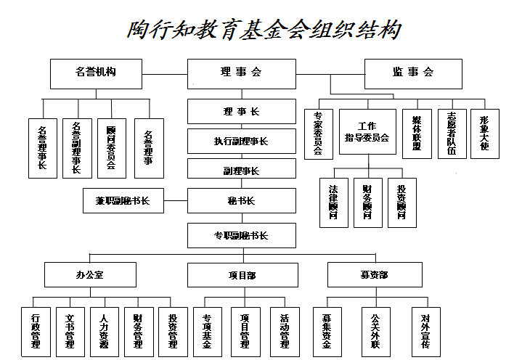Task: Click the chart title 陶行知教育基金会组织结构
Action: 264,30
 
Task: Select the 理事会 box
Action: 242,73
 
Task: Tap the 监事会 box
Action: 413,73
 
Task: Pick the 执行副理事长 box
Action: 242,141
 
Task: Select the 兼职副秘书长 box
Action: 123,200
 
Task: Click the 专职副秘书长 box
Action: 242,235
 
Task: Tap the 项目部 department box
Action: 242,275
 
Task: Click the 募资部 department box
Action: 374,275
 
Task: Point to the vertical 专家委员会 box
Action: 319,133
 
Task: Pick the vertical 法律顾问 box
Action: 334,202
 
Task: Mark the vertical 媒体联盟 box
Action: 417,133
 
